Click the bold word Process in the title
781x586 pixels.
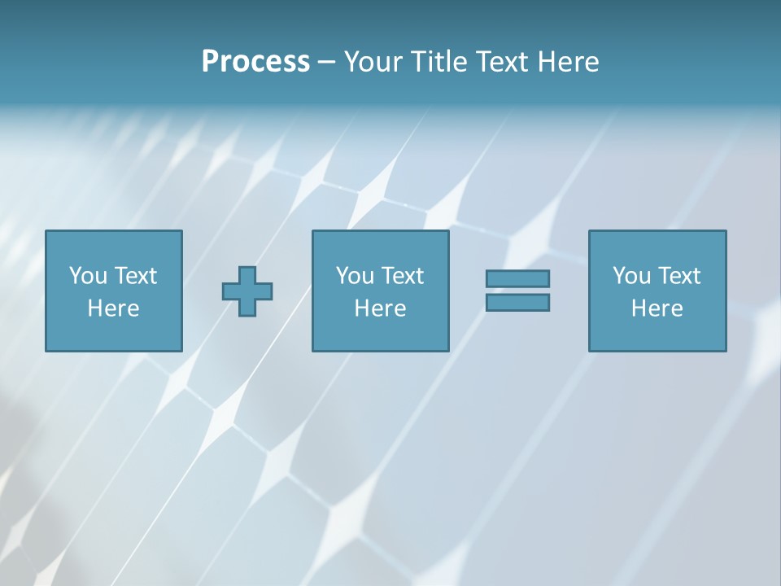pos(255,62)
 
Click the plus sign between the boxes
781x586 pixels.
pos(247,291)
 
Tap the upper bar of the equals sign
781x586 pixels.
pos(517,278)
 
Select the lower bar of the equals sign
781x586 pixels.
pos(517,303)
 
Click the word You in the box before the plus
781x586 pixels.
pos(88,276)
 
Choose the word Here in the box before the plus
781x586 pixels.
pos(113,308)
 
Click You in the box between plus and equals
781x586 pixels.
pos(355,276)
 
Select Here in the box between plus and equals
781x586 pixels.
pos(380,308)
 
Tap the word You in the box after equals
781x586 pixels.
pos(631,276)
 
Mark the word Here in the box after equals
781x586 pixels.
pos(657,308)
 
